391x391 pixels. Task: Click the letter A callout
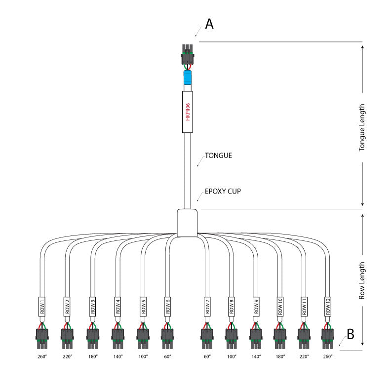coord(209,24)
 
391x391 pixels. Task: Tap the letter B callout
coord(350,334)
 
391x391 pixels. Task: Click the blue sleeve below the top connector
coord(188,78)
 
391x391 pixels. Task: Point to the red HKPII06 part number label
coord(188,112)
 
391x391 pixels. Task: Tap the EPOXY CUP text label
coord(223,191)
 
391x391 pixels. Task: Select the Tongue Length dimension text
coord(362,127)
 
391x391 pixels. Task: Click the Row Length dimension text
coord(362,280)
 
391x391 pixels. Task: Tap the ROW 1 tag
coord(42,307)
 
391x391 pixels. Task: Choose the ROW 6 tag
coord(168,307)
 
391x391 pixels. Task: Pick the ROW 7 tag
coord(207,307)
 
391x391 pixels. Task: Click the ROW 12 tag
coord(328,307)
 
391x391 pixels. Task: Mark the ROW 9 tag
coord(256,307)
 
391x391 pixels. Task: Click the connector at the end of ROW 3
coord(92,336)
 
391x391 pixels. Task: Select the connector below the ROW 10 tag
coord(280,336)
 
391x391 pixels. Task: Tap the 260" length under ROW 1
coord(42,356)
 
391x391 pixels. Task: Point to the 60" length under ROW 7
coord(207,356)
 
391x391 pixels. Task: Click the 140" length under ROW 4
coord(117,356)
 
